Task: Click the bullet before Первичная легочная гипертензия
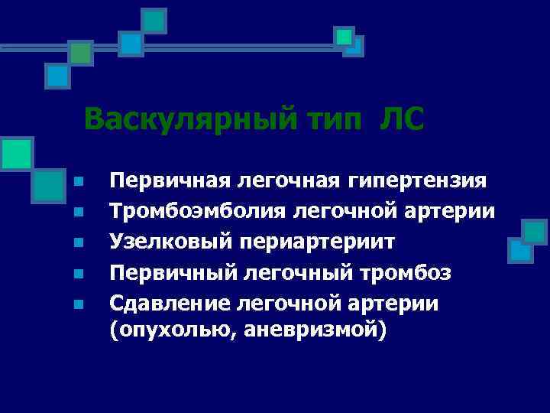click(x=78, y=183)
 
